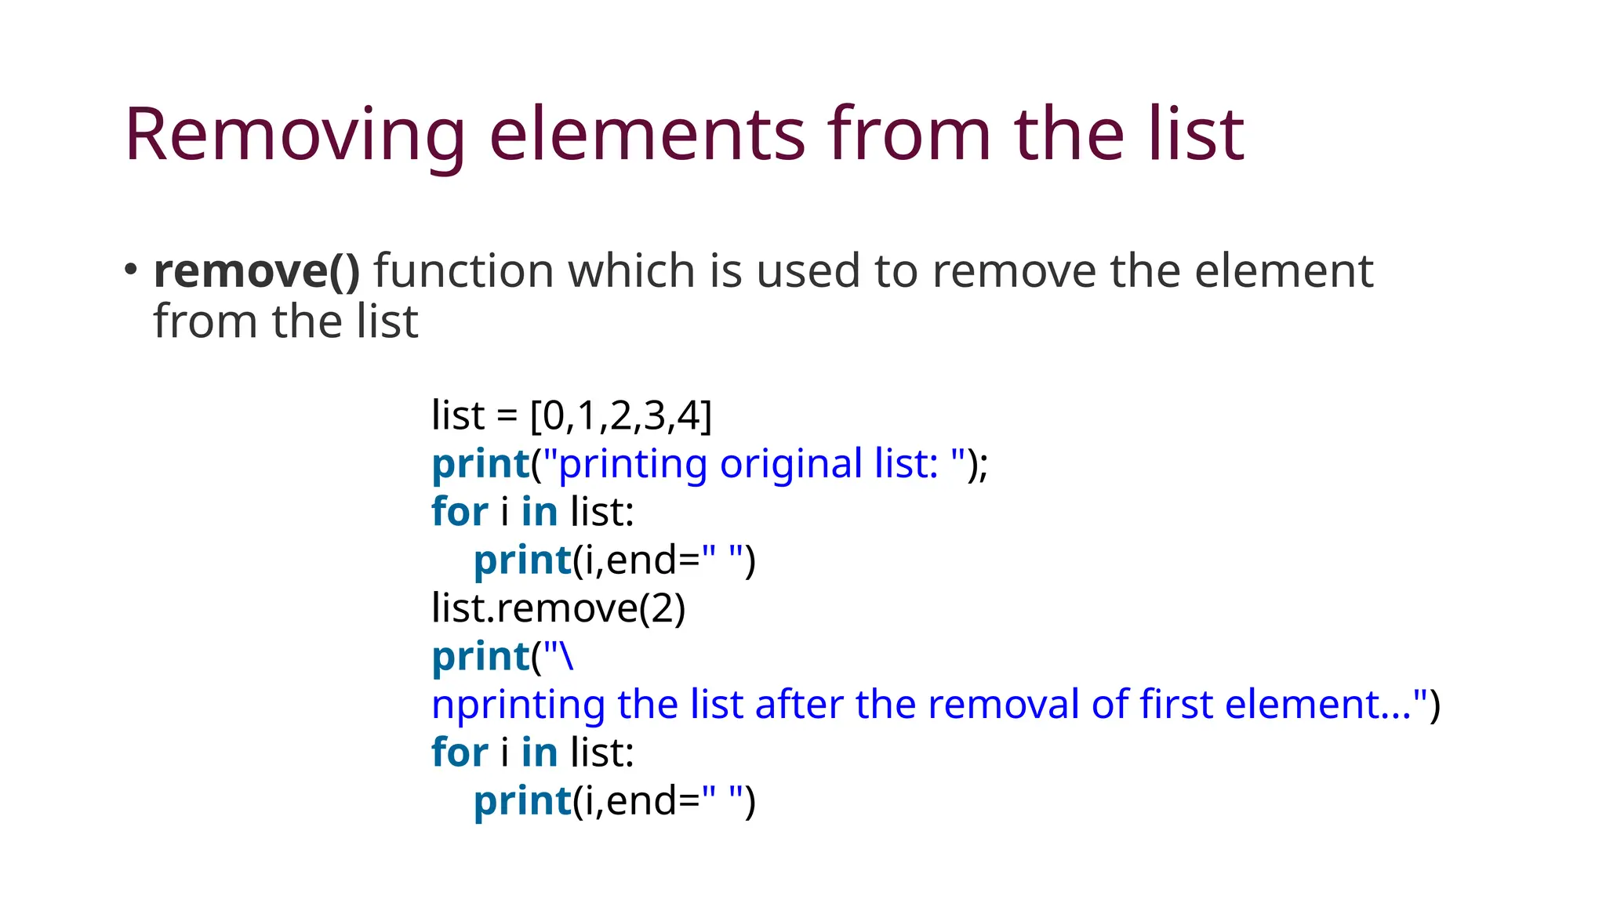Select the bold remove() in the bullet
pos(256,271)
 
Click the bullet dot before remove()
pos(130,269)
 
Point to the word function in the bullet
pos(463,271)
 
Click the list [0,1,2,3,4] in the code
pos(620,415)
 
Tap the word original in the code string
pos(790,464)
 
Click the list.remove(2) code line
pos(558,608)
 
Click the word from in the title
pos(910,135)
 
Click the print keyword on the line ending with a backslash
pos(481,657)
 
